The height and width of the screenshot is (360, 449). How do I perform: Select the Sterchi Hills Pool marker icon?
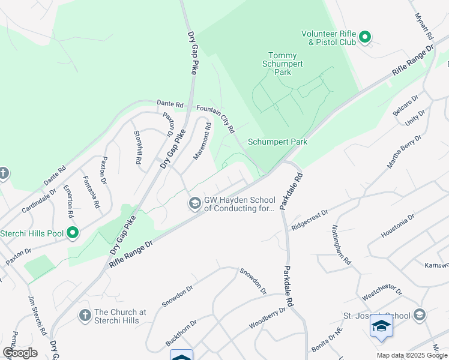pyautogui.click(x=73, y=232)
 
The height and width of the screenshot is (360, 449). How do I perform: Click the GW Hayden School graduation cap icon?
pyautogui.click(x=194, y=204)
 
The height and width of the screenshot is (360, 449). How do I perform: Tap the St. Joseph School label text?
pyautogui.click(x=376, y=316)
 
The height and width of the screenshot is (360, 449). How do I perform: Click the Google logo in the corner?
pyautogui.click(x=20, y=353)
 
